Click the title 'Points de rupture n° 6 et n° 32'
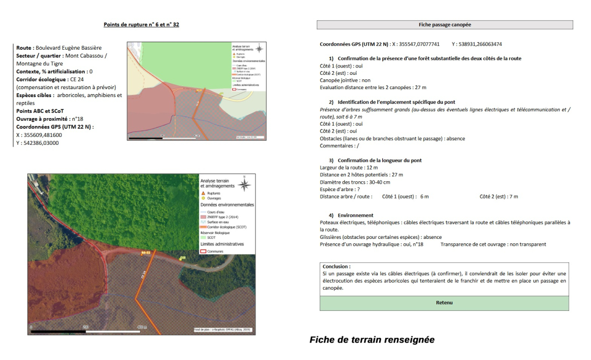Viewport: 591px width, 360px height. pos(141,25)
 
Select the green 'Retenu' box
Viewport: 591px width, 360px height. pos(444,303)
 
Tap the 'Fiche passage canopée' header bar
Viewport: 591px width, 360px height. pos(445,25)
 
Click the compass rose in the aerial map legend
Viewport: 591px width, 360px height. pos(244,185)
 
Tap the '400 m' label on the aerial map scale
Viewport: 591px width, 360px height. pos(142,327)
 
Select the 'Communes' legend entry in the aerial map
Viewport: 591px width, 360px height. pos(215,251)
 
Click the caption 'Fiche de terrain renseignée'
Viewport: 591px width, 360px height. pos(372,340)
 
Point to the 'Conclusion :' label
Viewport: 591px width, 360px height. pos(336,266)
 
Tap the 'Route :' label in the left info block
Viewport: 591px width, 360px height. pos(25,48)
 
